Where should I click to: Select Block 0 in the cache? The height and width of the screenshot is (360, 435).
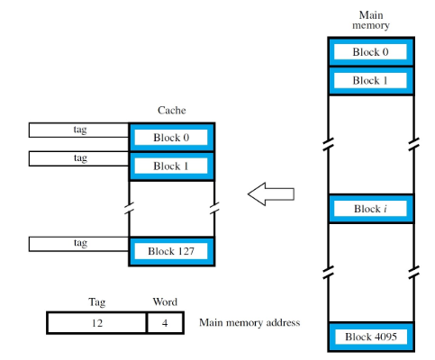[171, 139]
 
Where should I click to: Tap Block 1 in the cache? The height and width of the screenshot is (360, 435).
[171, 166]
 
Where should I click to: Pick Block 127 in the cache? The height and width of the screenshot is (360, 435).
[171, 251]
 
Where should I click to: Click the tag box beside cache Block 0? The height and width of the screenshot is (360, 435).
[79, 130]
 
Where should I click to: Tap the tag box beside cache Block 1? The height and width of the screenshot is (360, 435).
[79, 159]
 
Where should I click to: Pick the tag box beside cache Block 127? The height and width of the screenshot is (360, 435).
[79, 244]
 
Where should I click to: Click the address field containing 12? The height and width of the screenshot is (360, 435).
[96, 322]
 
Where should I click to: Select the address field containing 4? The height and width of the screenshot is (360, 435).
[165, 322]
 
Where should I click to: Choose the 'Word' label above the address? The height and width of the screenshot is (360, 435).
[165, 302]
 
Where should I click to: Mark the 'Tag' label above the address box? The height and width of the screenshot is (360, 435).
[96, 302]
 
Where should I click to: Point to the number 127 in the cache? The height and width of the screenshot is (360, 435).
[185, 251]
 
